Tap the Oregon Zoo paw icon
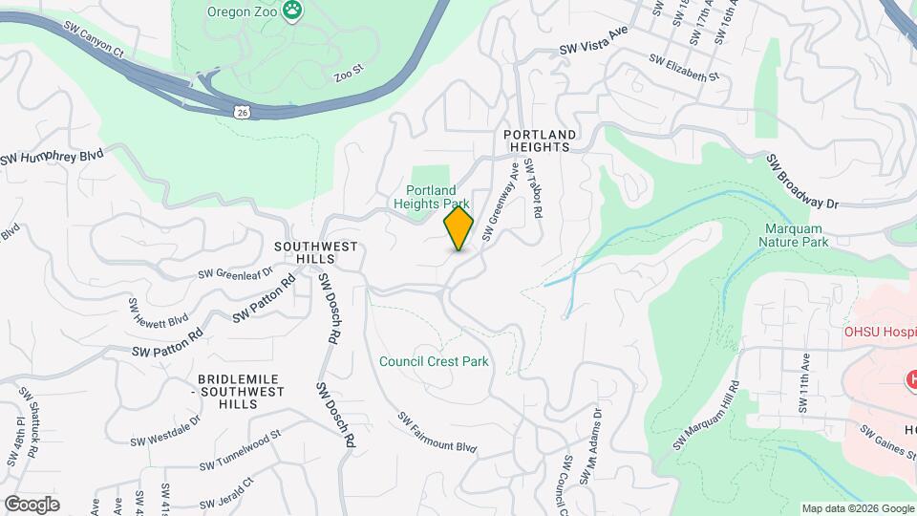pos(293,11)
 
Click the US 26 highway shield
pos(243,112)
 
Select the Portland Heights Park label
pos(432,197)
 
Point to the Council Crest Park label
pos(434,361)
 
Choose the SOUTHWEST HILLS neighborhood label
pos(315,253)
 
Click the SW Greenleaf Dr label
pos(235,272)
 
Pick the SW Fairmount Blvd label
pos(437,432)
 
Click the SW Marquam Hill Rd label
pos(707,417)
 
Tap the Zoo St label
pos(350,72)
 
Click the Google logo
pos(32,504)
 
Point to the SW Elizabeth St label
pos(683,68)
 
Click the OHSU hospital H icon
pos(912,380)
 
